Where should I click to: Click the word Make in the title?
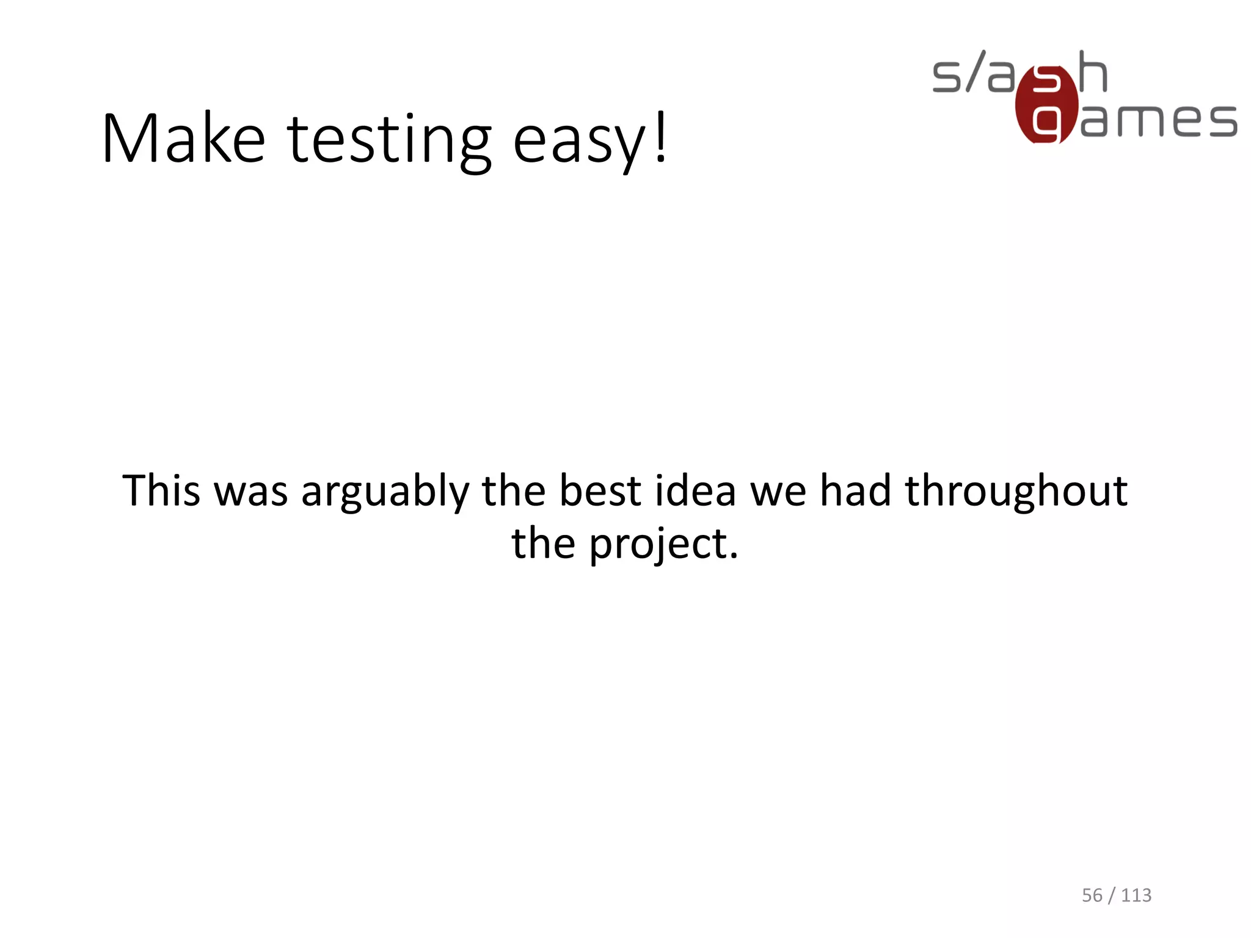click(x=183, y=139)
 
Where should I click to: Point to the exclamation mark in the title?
click(x=660, y=137)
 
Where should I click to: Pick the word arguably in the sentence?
click(x=385, y=493)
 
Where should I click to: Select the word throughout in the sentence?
click(x=1016, y=492)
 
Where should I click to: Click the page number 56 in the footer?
click(x=1092, y=895)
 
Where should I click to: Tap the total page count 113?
click(x=1136, y=895)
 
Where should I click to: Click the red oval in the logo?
click(x=1046, y=105)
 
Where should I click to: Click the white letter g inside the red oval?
click(x=1046, y=123)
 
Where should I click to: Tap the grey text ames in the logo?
click(x=1158, y=120)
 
